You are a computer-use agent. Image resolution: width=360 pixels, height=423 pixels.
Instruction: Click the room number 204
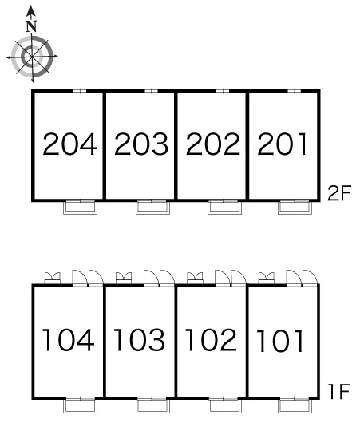pyautogui.click(x=70, y=144)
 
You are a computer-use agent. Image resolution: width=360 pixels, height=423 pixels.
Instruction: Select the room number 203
pyautogui.click(x=141, y=144)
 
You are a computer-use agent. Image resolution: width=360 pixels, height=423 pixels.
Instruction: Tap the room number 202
pyautogui.click(x=213, y=144)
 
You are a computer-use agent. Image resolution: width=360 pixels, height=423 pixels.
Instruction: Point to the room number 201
pyautogui.click(x=283, y=144)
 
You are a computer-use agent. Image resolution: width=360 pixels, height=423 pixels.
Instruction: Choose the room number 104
pyautogui.click(x=69, y=340)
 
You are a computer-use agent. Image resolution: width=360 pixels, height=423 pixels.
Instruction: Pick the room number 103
pyautogui.click(x=140, y=340)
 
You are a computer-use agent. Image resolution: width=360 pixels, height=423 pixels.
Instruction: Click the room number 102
pyautogui.click(x=211, y=340)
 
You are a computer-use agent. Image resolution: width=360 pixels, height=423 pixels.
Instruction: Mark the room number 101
pyautogui.click(x=280, y=341)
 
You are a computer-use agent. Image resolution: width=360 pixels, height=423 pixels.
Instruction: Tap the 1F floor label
pyautogui.click(x=339, y=391)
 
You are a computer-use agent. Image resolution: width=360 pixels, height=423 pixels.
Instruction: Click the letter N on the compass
pyautogui.click(x=32, y=26)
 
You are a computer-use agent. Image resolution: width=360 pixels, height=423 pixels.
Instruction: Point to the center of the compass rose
pyautogui.click(x=33, y=57)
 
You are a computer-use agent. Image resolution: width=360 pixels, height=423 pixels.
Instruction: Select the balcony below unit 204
pyautogui.click(x=80, y=208)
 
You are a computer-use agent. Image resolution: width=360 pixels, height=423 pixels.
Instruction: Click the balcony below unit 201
pyautogui.click(x=295, y=208)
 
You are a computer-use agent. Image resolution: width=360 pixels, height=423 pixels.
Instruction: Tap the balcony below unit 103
pyautogui.click(x=153, y=405)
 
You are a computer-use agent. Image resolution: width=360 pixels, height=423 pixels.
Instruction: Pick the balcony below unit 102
pyautogui.click(x=225, y=405)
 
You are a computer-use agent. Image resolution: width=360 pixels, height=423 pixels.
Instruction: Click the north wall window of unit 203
pyautogui.click(x=152, y=91)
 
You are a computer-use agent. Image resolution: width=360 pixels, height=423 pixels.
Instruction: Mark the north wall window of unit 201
pyautogui.click(x=295, y=91)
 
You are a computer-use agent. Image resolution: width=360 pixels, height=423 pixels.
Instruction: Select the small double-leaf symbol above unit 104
pyautogui.click(x=53, y=278)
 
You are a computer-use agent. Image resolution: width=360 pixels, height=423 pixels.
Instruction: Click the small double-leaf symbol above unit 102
pyautogui.click(x=195, y=278)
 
